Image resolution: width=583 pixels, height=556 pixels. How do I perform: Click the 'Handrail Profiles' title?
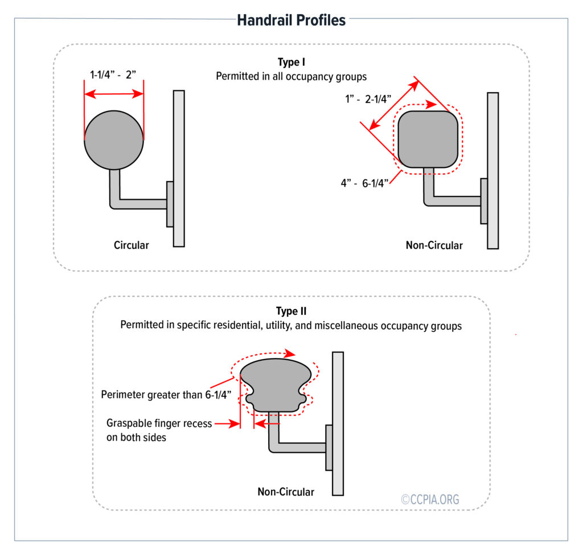(x=291, y=20)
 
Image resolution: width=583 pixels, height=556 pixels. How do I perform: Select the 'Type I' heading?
(x=291, y=63)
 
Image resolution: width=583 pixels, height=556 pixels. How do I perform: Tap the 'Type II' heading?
(x=291, y=312)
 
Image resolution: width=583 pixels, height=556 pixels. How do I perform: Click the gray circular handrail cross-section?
(x=114, y=139)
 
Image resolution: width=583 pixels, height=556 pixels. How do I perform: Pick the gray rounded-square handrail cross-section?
(x=428, y=139)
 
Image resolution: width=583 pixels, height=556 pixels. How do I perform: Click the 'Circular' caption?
(x=131, y=245)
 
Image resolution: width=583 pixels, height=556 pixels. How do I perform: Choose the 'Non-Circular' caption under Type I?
(x=434, y=246)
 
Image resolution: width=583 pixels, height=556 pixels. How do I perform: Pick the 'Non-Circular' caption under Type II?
(x=286, y=492)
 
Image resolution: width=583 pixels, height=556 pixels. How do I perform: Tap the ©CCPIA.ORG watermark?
(x=430, y=499)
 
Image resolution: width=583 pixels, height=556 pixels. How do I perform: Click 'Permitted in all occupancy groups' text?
(x=291, y=76)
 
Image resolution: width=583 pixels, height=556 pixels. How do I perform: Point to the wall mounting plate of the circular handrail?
(x=170, y=204)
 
